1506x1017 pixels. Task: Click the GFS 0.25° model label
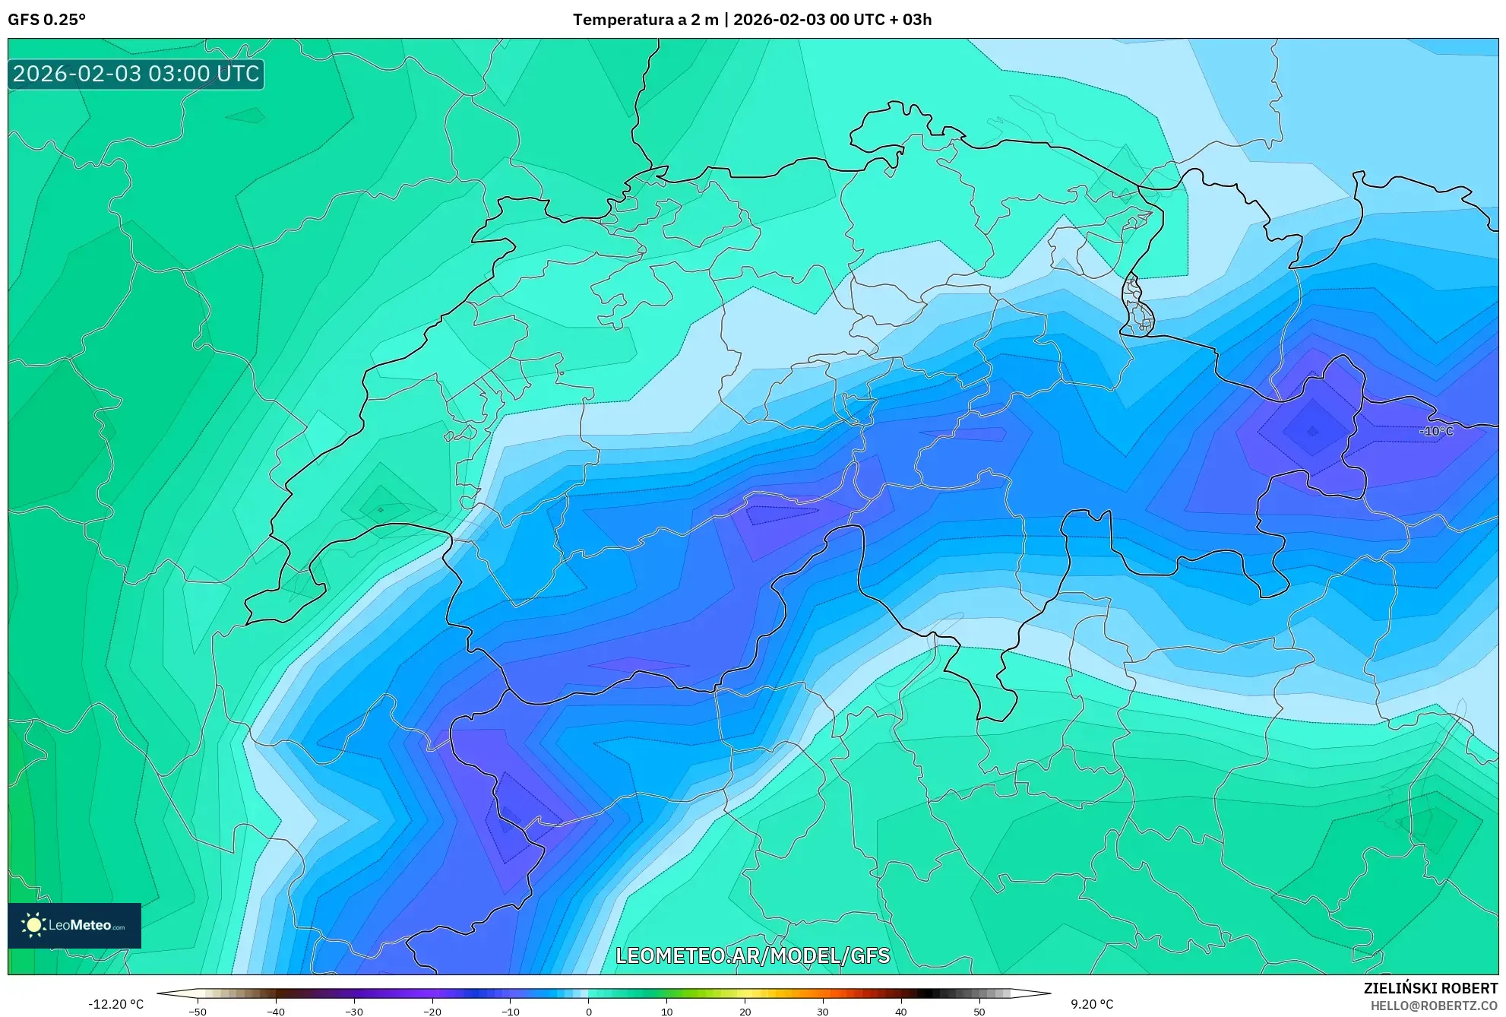click(47, 20)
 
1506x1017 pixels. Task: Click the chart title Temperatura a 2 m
click(645, 20)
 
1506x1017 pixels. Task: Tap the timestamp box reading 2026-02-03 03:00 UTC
click(136, 74)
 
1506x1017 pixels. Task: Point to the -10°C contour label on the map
click(1435, 431)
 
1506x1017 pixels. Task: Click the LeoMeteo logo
click(74, 925)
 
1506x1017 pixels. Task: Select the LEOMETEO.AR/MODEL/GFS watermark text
click(752, 955)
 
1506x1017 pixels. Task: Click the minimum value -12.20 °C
click(115, 1004)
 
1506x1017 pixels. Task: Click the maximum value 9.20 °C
click(1092, 1004)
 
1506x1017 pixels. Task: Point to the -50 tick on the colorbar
click(198, 1012)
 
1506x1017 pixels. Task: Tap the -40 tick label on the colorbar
click(276, 1012)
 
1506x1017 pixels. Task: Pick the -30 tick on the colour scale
click(354, 1012)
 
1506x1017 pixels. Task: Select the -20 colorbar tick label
click(432, 1012)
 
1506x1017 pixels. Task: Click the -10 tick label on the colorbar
click(511, 1012)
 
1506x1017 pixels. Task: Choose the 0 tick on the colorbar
click(589, 1012)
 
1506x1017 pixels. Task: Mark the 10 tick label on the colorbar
click(667, 1012)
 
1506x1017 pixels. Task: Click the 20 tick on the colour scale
click(745, 1012)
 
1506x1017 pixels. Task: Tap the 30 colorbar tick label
click(823, 1012)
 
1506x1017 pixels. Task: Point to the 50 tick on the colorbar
click(979, 1012)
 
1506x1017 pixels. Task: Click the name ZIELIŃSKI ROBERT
click(1430, 988)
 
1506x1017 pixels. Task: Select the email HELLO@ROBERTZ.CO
click(1433, 1006)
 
